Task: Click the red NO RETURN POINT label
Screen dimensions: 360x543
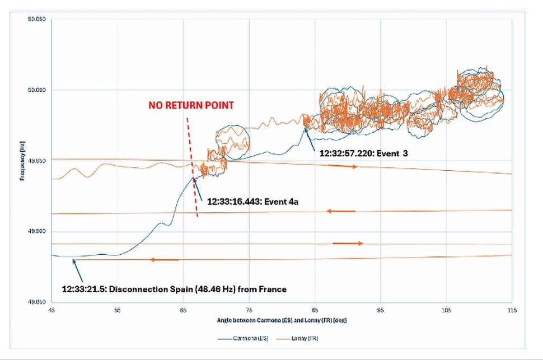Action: pyautogui.click(x=190, y=105)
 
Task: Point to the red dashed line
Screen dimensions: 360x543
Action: pyautogui.click(x=193, y=168)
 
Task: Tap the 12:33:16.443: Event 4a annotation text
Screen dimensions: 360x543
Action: pyautogui.click(x=252, y=202)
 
